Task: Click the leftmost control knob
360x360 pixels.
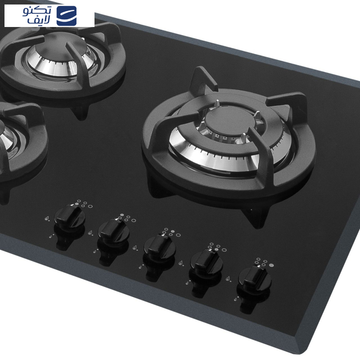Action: [70, 216]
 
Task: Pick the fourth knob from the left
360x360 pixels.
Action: [206, 261]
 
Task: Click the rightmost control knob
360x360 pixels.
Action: [255, 278]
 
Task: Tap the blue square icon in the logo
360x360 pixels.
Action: [67, 16]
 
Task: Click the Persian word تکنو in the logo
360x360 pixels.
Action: [37, 11]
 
